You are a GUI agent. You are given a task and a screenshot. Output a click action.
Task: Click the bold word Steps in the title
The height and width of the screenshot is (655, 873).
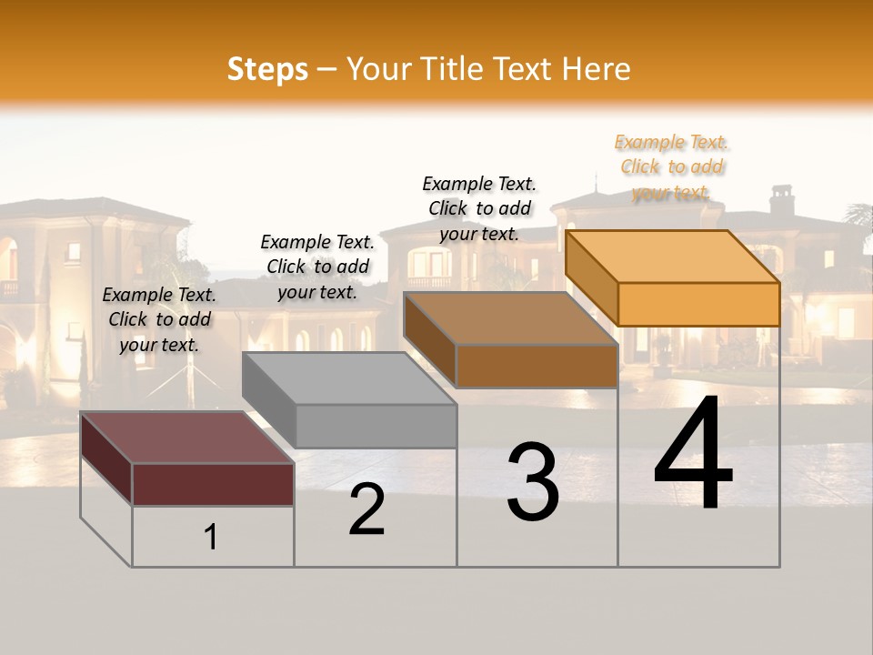coord(267,69)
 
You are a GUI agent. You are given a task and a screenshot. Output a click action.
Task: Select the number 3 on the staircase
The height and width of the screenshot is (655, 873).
coord(532,482)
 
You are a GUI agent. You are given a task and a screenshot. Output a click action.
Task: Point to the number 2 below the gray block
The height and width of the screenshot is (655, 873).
coord(366,509)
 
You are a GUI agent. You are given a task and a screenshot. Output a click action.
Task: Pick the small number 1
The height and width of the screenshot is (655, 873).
coord(210,537)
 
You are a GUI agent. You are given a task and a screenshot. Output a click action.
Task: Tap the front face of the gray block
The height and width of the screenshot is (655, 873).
coord(376,426)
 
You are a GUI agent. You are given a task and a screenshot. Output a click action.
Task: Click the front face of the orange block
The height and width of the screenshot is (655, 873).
coord(698,304)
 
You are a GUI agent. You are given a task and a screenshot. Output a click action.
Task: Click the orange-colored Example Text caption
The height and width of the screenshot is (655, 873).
coord(672,166)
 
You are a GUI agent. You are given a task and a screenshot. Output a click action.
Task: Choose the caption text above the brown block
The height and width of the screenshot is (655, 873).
coord(479,208)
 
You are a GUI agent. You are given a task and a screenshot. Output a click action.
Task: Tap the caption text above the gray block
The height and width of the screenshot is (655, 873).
coord(317,267)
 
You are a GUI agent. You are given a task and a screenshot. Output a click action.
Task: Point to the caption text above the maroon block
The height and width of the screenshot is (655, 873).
coord(159,319)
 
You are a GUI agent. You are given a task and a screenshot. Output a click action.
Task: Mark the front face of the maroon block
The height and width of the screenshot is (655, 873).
coord(213,484)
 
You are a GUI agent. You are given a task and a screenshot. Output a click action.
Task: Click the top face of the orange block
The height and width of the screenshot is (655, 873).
coord(673,256)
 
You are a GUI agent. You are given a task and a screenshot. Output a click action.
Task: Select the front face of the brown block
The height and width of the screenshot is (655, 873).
coord(537,366)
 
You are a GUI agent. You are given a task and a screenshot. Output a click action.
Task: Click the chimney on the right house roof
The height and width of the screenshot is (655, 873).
coord(782,199)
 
